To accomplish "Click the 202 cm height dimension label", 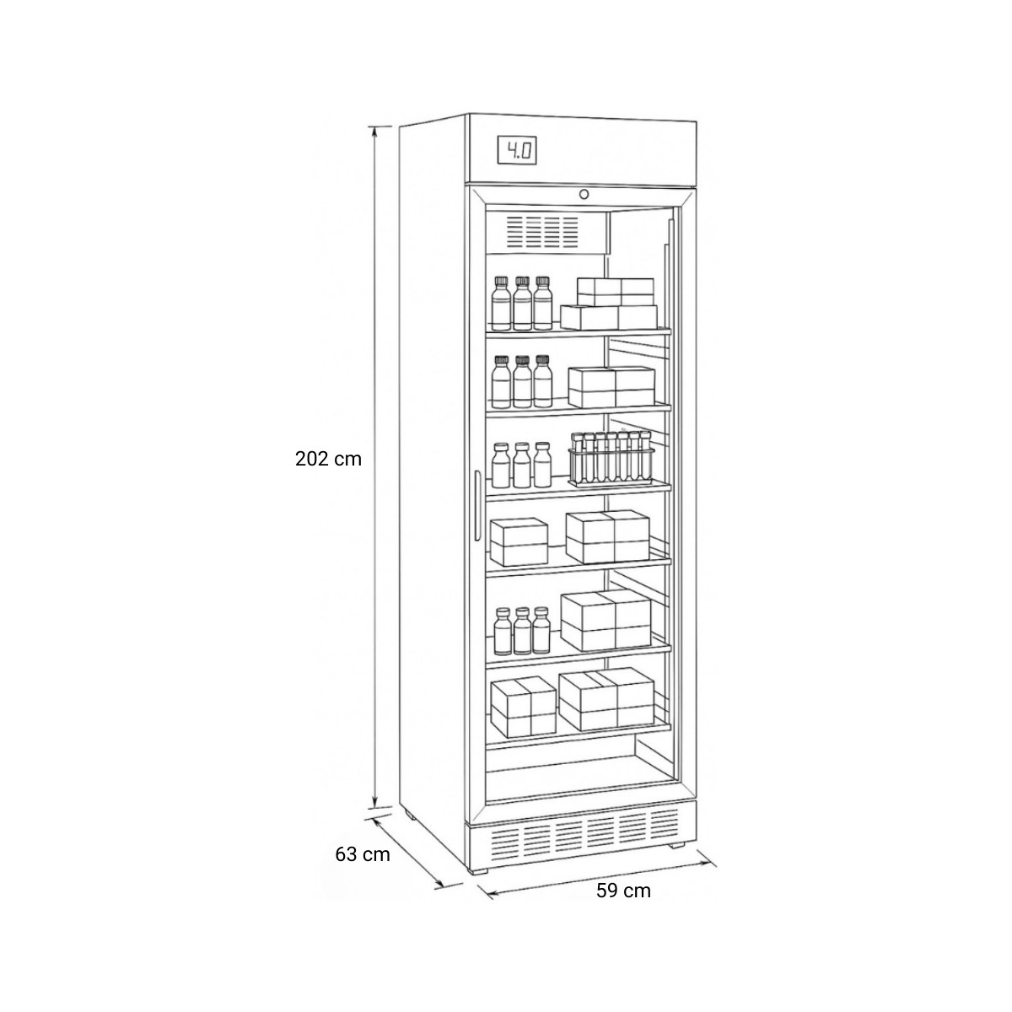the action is (x=328, y=459).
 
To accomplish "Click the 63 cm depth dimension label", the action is (x=363, y=869).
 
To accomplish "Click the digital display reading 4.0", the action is (x=517, y=152).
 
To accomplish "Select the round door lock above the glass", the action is (x=584, y=194).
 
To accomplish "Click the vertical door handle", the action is (x=477, y=506).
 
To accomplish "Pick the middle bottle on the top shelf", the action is (x=522, y=304).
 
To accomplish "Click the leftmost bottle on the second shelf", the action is (x=501, y=382).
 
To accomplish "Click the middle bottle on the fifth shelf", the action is (x=522, y=631).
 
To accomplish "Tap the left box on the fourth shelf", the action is (x=519, y=542).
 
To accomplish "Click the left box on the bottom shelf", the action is (x=523, y=707).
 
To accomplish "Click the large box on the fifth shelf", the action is (x=606, y=619).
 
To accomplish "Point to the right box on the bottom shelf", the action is (x=606, y=699).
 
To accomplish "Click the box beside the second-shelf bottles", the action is (x=611, y=387).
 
